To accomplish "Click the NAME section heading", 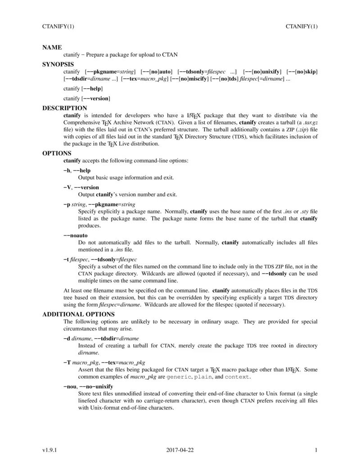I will (x=52, y=47).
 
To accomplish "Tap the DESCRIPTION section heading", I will (x=65, y=108).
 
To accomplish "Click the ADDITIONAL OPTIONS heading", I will (x=78, y=314).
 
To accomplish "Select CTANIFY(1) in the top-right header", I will (x=301, y=26).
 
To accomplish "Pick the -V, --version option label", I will (x=81, y=187).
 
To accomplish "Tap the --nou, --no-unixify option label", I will (x=88, y=386).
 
